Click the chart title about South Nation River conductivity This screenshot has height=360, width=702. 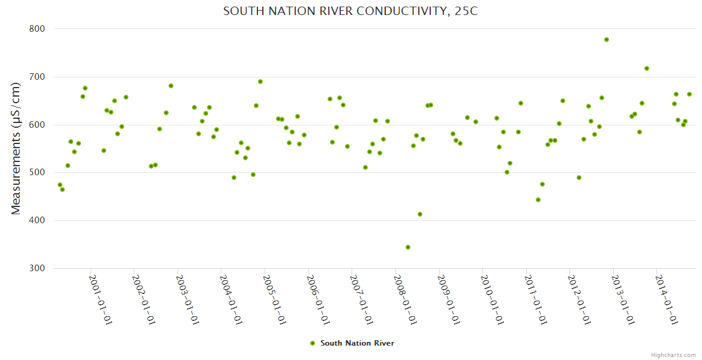[350, 11]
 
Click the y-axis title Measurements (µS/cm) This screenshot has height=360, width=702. [16, 148]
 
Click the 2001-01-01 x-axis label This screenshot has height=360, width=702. [101, 299]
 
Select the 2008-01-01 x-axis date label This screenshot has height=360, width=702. [406, 299]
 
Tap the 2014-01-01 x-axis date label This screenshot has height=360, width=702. [667, 299]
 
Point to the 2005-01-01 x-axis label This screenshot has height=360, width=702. [275, 299]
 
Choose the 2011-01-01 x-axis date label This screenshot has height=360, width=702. [536, 299]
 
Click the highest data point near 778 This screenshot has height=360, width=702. [607, 40]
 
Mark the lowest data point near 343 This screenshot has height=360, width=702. [408, 247]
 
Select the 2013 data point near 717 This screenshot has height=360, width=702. [647, 68]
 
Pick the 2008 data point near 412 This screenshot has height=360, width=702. [420, 214]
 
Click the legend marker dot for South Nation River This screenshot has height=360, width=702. [312, 343]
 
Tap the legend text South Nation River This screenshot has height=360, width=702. [357, 343]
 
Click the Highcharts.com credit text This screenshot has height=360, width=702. [673, 355]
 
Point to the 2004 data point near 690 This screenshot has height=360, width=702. [260, 82]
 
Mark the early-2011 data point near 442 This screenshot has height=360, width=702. [538, 200]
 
